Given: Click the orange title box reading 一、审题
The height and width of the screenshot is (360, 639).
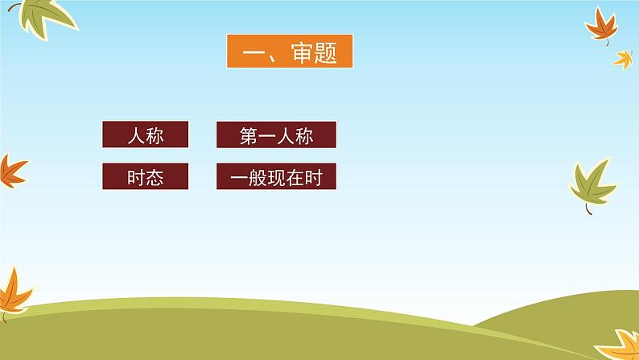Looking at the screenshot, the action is tap(290, 51).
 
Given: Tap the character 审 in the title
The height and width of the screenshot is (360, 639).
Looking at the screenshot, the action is tap(302, 52).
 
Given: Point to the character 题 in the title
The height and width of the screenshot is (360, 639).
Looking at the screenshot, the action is tap(326, 53).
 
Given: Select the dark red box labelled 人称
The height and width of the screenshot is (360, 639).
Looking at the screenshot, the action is tap(146, 134).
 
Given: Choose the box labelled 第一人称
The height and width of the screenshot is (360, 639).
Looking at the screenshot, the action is tap(276, 134).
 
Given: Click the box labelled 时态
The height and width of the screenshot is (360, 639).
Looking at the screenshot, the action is tap(146, 176).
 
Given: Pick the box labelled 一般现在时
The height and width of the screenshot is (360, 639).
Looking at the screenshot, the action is tap(276, 176).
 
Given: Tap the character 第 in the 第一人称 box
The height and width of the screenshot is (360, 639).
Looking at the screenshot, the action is tap(249, 136).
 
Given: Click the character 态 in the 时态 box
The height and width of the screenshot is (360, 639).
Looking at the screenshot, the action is tap(155, 178).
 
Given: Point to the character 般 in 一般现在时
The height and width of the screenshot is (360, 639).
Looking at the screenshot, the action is tap(258, 178).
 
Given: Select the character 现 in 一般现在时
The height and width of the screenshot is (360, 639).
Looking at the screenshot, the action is tap(276, 178).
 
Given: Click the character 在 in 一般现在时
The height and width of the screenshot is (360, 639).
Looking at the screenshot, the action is tap(295, 178).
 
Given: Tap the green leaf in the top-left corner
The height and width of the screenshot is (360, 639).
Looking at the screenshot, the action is tap(46, 17).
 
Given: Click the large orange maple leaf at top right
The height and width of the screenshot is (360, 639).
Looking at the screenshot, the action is tap(602, 26).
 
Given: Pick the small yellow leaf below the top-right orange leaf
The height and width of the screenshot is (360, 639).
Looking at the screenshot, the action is tap(623, 60).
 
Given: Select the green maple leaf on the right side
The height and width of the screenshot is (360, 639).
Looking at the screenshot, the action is tap(593, 184).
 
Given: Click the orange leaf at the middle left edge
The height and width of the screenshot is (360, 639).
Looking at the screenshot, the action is tap(11, 172).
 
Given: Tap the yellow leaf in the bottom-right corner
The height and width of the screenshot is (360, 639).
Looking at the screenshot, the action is tap(620, 346).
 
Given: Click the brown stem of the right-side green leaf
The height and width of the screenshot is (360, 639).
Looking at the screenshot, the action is tap(588, 209).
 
